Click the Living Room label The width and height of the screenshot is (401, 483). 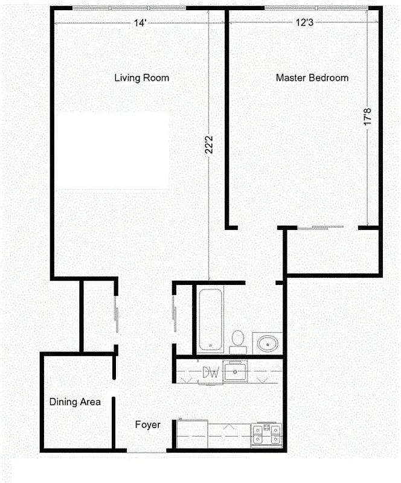142,78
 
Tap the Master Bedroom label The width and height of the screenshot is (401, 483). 312,78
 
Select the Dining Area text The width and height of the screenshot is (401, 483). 75,401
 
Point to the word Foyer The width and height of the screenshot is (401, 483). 147,425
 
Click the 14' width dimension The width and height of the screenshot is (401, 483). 140,23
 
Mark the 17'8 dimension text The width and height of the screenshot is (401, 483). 367,117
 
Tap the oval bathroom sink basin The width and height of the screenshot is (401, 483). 266,343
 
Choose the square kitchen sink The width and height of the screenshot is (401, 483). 234,371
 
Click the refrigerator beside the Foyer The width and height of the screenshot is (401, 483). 191,433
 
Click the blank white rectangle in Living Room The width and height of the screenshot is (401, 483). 113,151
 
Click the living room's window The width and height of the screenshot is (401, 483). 129,8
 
